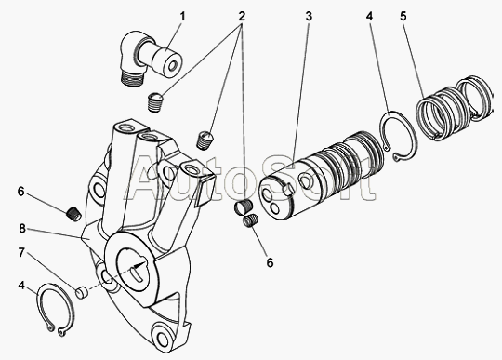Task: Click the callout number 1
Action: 182,16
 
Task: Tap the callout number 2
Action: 242,16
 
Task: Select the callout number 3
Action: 309,16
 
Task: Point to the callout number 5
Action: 403,16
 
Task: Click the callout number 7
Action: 21,253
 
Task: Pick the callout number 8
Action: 21,229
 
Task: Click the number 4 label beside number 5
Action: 369,16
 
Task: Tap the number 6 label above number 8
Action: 20,192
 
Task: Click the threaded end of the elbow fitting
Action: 131,79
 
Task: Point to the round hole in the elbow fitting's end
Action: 173,66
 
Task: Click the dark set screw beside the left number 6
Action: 74,213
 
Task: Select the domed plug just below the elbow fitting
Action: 155,101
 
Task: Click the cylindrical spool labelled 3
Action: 321,175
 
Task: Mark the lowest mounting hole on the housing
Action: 164,336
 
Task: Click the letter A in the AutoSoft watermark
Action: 147,180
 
